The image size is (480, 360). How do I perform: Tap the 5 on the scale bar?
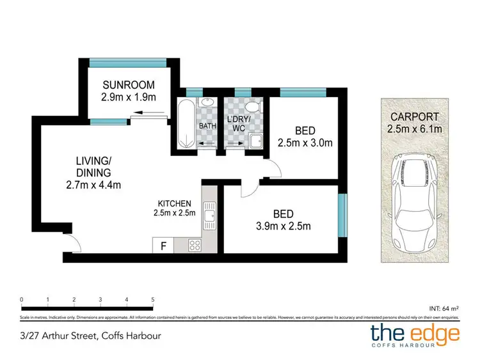point(153,299)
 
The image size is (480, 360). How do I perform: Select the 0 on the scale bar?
point(22,299)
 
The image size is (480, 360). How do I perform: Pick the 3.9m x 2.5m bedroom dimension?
point(284,226)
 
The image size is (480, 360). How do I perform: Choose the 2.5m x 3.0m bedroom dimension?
point(305,143)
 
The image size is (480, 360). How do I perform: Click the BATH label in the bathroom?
point(207,126)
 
